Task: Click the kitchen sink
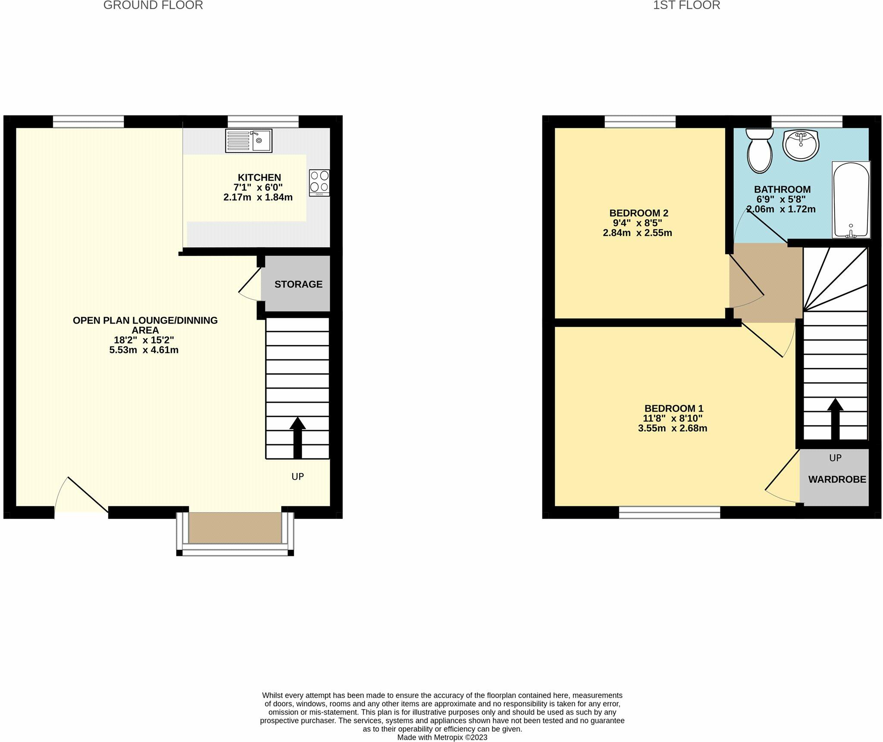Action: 248,140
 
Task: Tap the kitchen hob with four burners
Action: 319,183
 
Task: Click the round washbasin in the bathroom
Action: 801,144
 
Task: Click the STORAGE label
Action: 298,284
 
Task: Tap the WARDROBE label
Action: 837,480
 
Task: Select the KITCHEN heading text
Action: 259,178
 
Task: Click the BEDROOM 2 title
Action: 639,213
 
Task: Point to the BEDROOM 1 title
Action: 673,408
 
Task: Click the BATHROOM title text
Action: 782,189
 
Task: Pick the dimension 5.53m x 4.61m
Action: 144,350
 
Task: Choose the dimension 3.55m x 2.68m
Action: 673,428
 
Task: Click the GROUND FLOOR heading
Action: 153,6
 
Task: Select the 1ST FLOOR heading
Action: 686,6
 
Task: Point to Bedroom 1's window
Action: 669,512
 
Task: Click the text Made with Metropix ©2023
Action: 442,737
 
